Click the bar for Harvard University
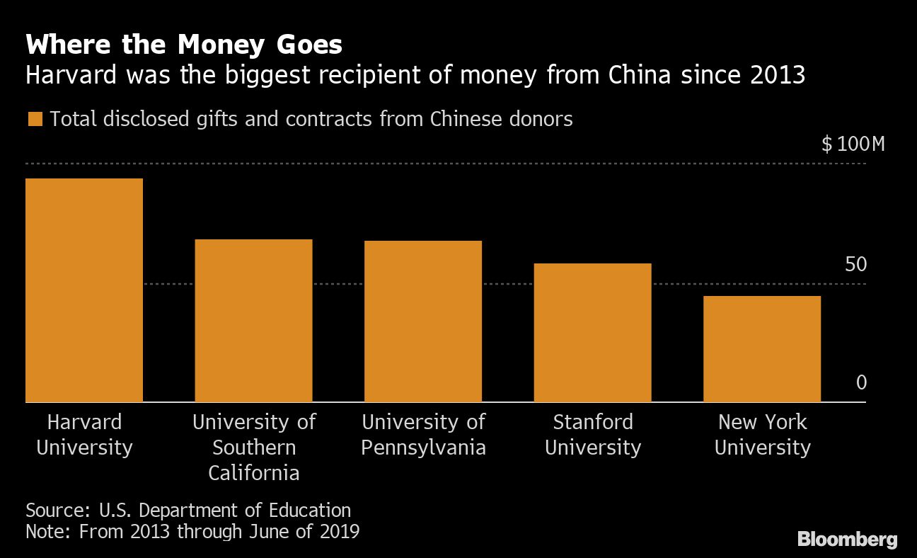tap(84, 290)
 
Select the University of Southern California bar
tap(253, 321)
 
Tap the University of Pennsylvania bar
tap(423, 321)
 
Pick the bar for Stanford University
tap(592, 333)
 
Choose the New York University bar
tap(762, 349)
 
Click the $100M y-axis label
tap(853, 145)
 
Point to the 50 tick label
tap(855, 265)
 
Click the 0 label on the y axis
tap(861, 383)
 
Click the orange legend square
tap(35, 119)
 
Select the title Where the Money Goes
tap(184, 46)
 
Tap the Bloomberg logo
tap(848, 539)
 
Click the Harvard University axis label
tap(84, 435)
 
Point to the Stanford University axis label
tap(593, 435)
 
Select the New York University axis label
tap(763, 435)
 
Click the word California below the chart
tap(254, 473)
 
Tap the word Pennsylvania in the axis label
tap(424, 448)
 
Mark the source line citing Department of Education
tap(188, 510)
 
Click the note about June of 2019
tap(192, 531)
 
